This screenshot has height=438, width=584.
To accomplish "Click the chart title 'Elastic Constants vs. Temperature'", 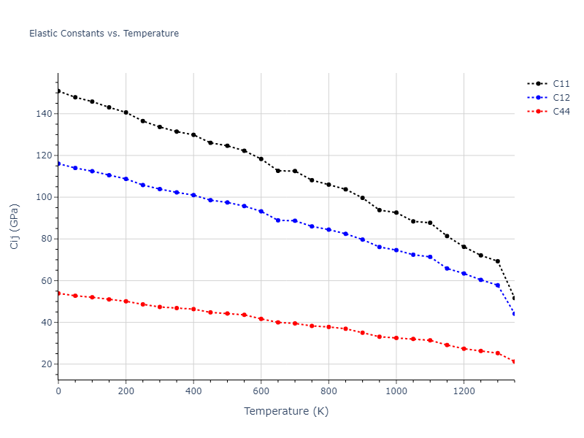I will pyautogui.click(x=104, y=34).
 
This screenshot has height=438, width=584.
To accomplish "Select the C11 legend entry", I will pyautogui.click(x=561, y=83).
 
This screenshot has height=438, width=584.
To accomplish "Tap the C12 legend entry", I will pyautogui.click(x=561, y=97).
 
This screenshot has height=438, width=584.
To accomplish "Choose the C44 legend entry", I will pyautogui.click(x=561, y=112).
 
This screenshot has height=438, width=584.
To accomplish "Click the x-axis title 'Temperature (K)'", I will pyautogui.click(x=286, y=411).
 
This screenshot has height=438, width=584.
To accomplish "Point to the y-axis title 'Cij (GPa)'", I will pyautogui.click(x=15, y=226).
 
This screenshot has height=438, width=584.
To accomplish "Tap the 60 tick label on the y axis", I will pyautogui.click(x=45, y=281).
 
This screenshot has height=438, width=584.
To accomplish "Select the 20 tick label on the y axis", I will pyautogui.click(x=45, y=364).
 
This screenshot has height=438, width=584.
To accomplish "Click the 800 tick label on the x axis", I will pyautogui.click(x=328, y=391).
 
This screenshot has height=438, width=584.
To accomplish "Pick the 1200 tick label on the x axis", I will pyautogui.click(x=464, y=391).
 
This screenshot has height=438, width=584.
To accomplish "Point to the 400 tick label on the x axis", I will pyautogui.click(x=193, y=391).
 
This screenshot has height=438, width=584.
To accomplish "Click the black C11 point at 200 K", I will pyautogui.click(x=126, y=112).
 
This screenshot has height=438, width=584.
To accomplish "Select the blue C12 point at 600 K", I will pyautogui.click(x=261, y=211).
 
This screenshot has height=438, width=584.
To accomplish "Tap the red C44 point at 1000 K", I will pyautogui.click(x=396, y=338).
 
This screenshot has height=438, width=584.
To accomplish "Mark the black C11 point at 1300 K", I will pyautogui.click(x=498, y=261).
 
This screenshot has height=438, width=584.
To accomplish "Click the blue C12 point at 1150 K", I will pyautogui.click(x=447, y=269).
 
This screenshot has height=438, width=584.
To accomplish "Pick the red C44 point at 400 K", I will pyautogui.click(x=193, y=309).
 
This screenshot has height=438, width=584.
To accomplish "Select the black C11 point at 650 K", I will pyautogui.click(x=277, y=171).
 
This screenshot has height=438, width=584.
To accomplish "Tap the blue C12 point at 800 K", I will pyautogui.click(x=328, y=229).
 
